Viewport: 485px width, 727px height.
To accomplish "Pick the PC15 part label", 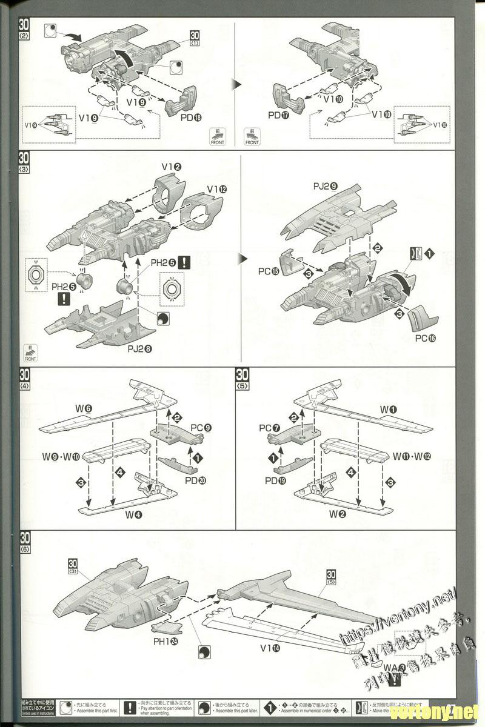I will (269, 271).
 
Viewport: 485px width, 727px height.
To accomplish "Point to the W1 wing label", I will (388, 410).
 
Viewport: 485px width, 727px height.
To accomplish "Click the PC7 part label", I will (269, 428).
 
